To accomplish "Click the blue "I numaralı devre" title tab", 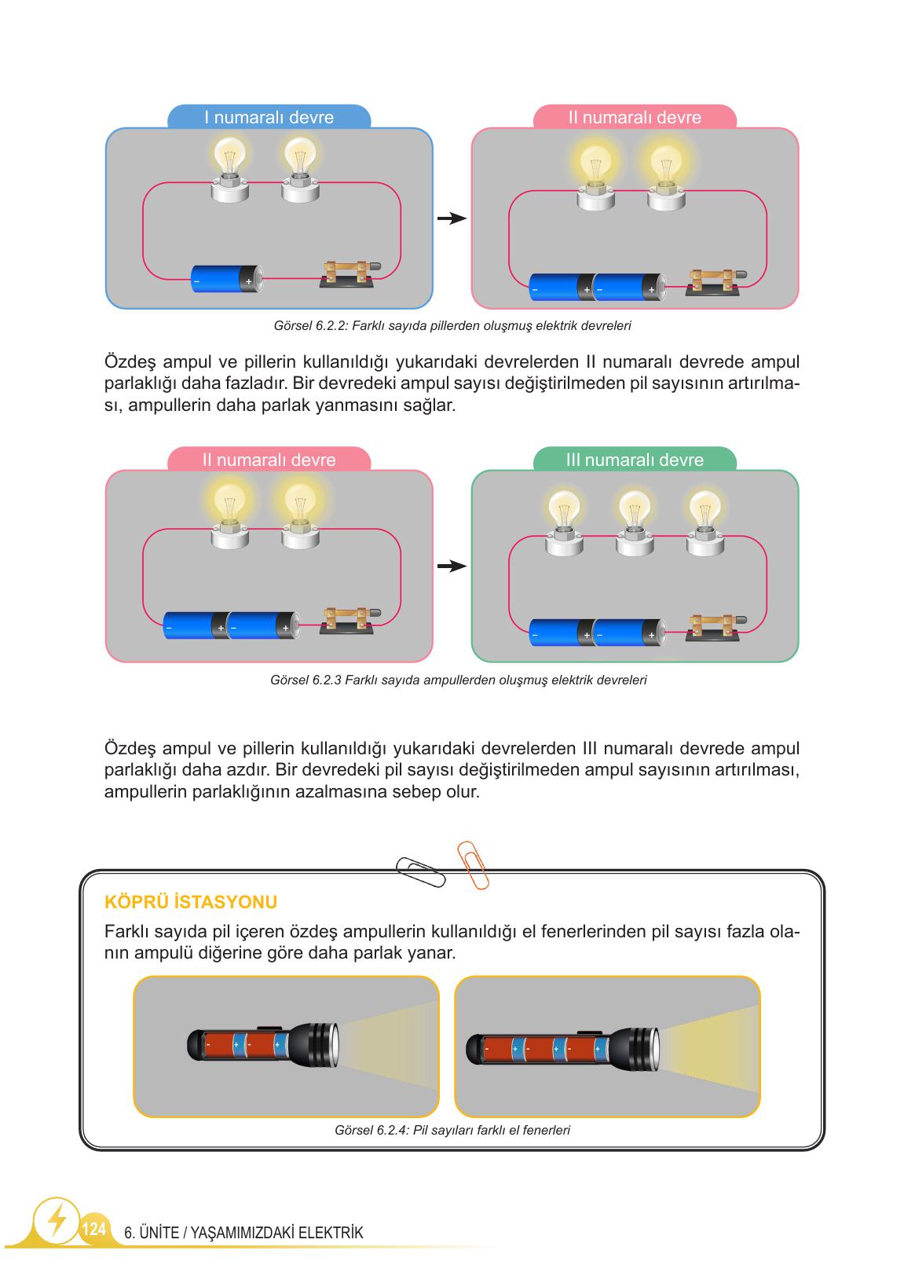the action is coord(269,116).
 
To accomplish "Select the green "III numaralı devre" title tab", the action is coord(635,459).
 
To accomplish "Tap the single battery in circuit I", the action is coord(227,279).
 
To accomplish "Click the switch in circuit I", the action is coord(349,274).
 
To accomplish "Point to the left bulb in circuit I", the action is coord(229,168).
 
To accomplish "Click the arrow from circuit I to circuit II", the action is coord(452,218).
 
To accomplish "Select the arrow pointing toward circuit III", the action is coord(452,566).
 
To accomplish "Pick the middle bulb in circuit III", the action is coord(635,522).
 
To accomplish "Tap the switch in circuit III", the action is coord(715,628).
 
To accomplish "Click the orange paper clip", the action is coord(473,865).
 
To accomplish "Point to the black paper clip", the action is coord(421,871).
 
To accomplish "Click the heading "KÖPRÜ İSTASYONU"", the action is coord(191,902).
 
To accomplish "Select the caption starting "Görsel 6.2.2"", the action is coord(452,326).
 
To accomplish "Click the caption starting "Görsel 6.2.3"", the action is coord(458,680).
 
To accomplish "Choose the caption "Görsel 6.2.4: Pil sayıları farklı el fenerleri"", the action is coord(452,1130).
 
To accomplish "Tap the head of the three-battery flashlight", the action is coord(635,1049).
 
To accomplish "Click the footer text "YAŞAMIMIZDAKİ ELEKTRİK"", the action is coord(276,1233).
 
